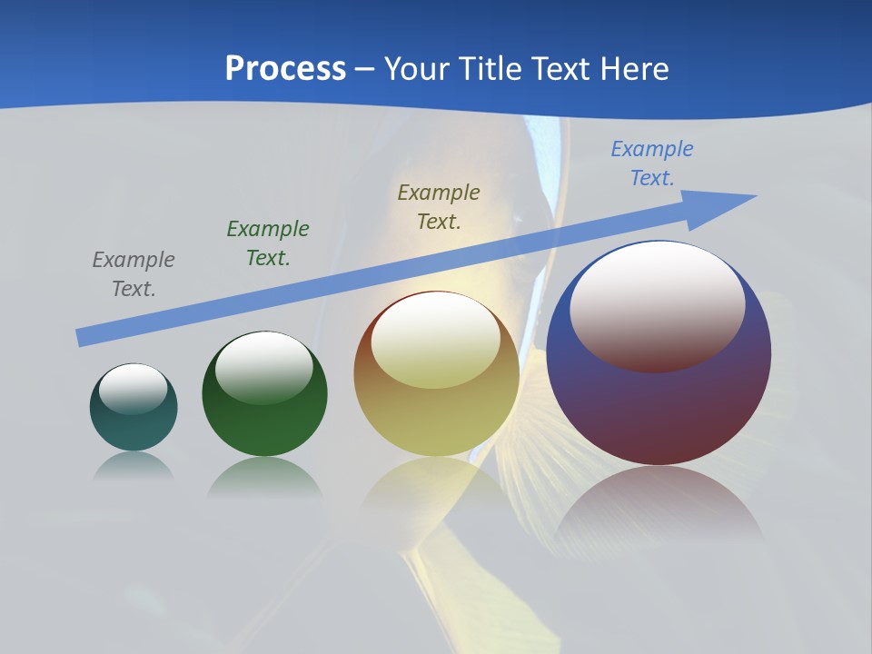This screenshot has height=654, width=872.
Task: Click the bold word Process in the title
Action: pos(285,69)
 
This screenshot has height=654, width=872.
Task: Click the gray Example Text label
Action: pos(134,274)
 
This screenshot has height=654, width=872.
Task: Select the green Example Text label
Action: pos(268,243)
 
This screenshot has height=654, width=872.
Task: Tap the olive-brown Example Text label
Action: pos(439,206)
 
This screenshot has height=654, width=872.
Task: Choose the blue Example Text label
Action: pos(652,163)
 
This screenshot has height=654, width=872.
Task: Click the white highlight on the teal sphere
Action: pos(134,388)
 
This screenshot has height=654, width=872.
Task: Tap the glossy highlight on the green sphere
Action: pos(264,366)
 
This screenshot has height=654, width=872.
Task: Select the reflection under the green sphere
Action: pos(264,477)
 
